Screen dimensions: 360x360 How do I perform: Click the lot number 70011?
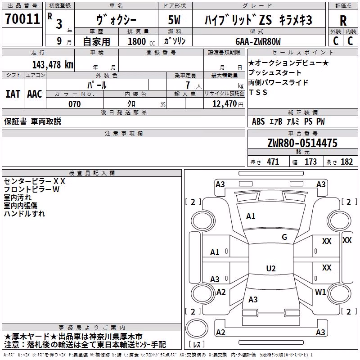[22, 19]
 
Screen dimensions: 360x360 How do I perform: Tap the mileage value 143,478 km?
[53, 65]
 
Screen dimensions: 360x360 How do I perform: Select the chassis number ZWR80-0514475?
[302, 143]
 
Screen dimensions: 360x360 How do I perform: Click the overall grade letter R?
[343, 21]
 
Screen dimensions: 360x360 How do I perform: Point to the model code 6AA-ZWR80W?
[258, 41]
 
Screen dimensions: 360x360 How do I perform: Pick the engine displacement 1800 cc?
[141, 41]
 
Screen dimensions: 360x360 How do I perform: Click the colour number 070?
[75, 104]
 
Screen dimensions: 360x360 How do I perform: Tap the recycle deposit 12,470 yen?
[228, 104]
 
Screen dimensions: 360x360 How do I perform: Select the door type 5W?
[174, 20]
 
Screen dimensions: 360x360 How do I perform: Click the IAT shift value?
[13, 94]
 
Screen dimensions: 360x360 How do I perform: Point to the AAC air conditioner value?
[35, 94]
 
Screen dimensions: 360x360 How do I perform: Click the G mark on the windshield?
[284, 237]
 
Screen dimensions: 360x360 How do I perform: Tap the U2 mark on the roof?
[271, 268]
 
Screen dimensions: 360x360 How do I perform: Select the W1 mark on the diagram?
[320, 292]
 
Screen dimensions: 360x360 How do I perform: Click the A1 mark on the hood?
[251, 216]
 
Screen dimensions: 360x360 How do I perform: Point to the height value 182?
[346, 162]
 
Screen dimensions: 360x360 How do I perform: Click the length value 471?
[273, 162]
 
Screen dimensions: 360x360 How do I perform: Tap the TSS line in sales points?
[258, 92]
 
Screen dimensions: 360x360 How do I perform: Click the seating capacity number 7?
[188, 85]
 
